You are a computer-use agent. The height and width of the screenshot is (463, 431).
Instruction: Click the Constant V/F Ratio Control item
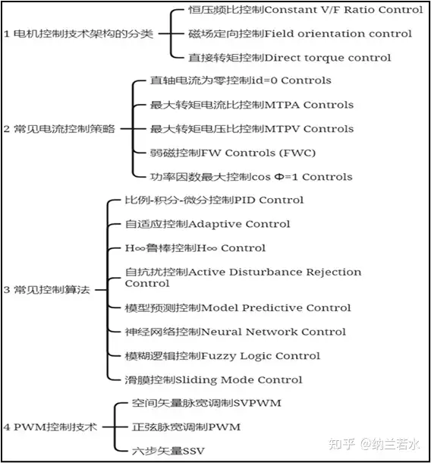click(305, 10)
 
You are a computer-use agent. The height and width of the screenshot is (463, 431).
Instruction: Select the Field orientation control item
click(300, 33)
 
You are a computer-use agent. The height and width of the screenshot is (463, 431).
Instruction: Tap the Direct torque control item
click(289, 58)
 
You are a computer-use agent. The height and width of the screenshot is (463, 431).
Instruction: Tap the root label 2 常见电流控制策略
click(59, 129)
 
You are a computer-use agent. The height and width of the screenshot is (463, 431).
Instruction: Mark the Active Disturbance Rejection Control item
click(243, 277)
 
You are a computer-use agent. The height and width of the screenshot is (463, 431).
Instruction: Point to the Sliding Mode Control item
click(213, 380)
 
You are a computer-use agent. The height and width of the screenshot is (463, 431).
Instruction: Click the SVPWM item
click(197, 403)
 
